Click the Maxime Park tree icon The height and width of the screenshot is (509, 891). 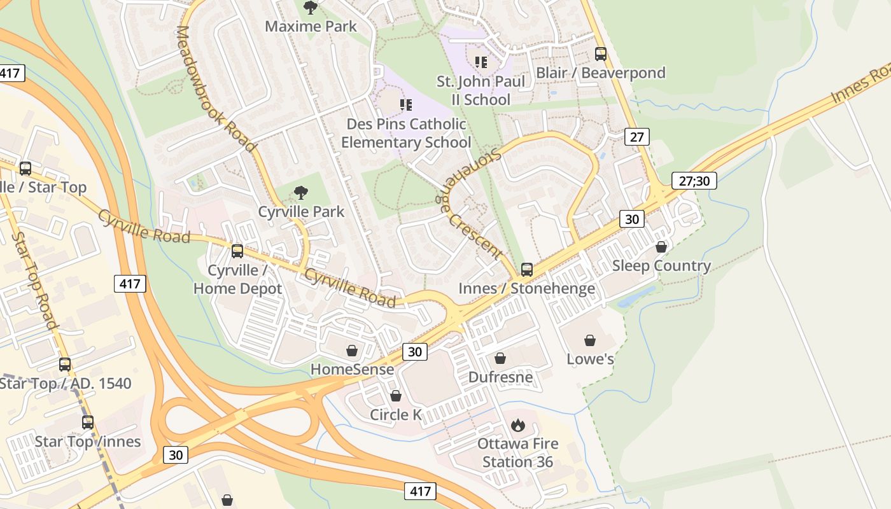pyautogui.click(x=310, y=8)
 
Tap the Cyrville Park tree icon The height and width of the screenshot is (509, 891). pyautogui.click(x=301, y=192)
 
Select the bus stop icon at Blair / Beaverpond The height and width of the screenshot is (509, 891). pyautogui.click(x=600, y=54)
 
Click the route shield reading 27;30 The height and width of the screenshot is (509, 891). pyautogui.click(x=694, y=181)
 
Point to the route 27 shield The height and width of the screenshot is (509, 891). pyautogui.click(x=636, y=136)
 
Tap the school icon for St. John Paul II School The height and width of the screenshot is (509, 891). pyautogui.click(x=481, y=62)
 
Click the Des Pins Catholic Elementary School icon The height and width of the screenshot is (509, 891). pyautogui.click(x=405, y=104)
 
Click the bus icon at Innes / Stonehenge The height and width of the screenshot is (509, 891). pyautogui.click(x=527, y=269)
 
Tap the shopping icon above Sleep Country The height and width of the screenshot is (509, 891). pyautogui.click(x=661, y=247)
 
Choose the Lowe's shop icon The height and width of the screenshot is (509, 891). pyautogui.click(x=590, y=340)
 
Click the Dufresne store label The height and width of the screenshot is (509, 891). pyautogui.click(x=500, y=377)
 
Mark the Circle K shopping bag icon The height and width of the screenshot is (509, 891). pyautogui.click(x=395, y=396)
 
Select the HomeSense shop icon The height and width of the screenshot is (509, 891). pyautogui.click(x=352, y=351)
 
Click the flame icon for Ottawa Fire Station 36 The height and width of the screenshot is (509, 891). pyautogui.click(x=518, y=425)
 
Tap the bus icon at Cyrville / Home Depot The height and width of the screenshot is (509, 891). pyautogui.click(x=237, y=251)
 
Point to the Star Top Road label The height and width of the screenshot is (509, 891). pyautogui.click(x=36, y=281)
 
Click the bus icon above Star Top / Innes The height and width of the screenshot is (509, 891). pyautogui.click(x=87, y=422)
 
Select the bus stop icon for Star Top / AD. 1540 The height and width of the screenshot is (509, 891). pyautogui.click(x=65, y=365)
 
